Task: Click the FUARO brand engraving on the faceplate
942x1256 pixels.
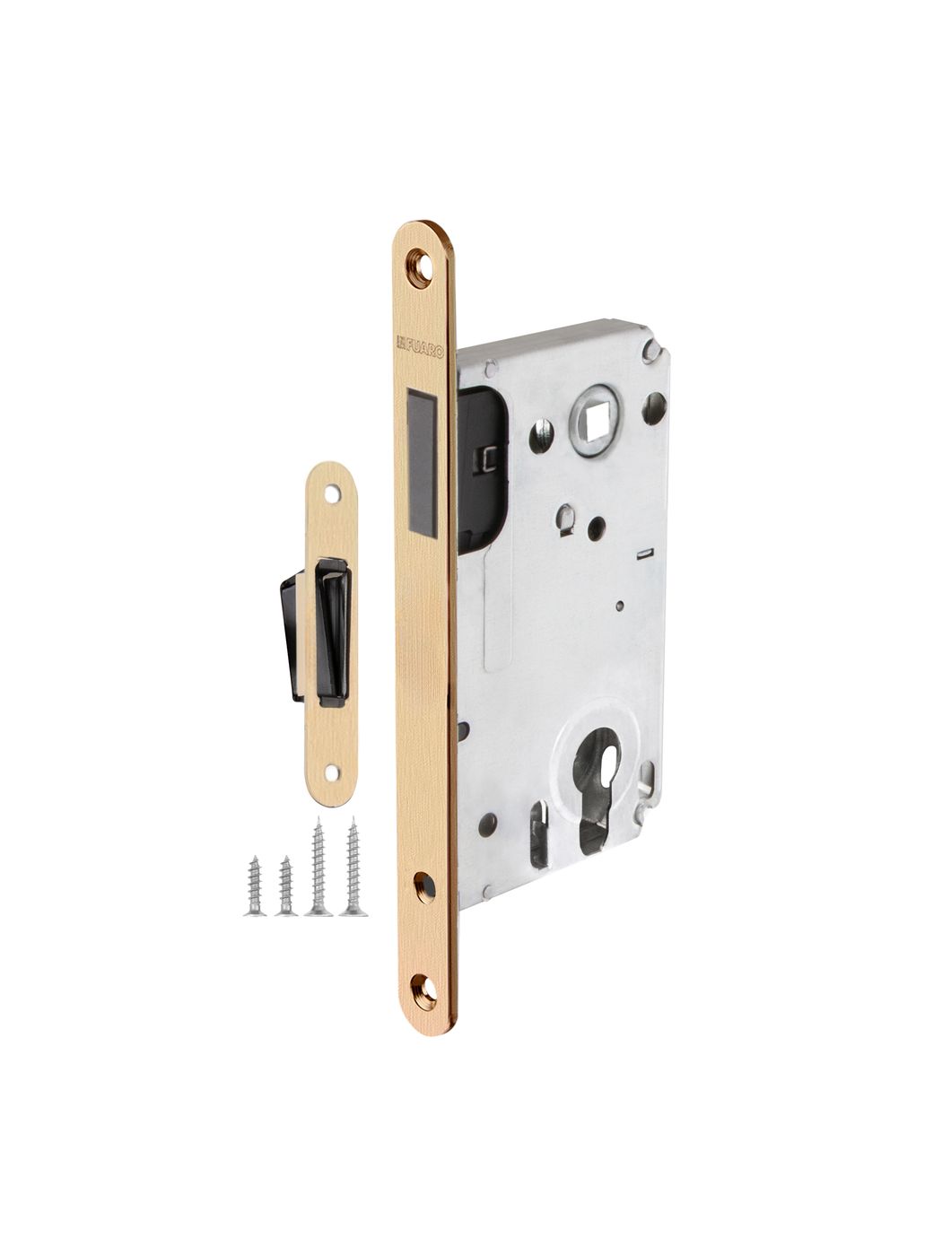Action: (x=421, y=345)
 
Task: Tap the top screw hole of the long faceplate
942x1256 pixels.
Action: (x=423, y=269)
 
